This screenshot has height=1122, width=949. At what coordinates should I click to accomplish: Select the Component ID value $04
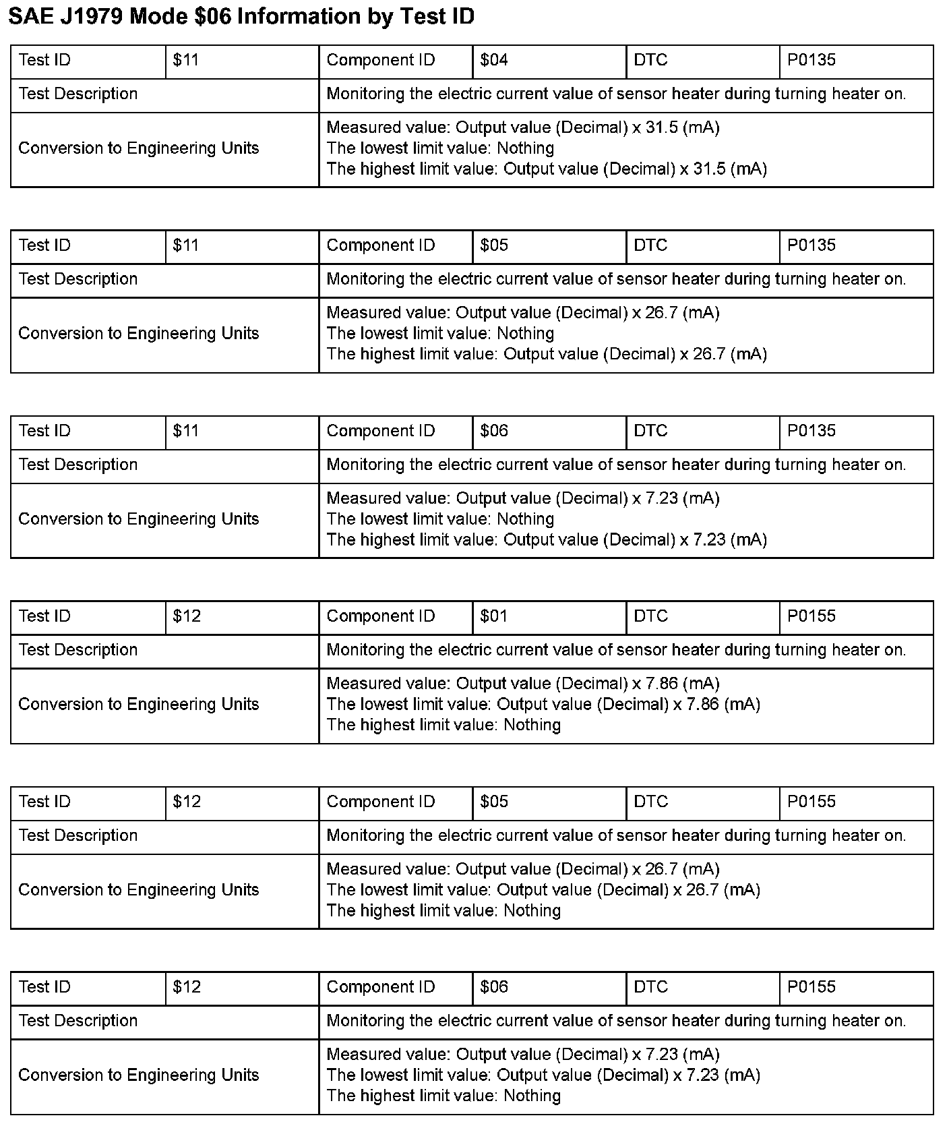(494, 60)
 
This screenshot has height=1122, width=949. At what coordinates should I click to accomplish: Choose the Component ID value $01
(494, 616)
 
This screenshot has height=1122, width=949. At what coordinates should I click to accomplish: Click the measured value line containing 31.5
(523, 127)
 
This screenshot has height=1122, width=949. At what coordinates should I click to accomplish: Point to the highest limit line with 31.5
(547, 169)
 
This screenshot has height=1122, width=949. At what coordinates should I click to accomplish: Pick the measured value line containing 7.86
(523, 684)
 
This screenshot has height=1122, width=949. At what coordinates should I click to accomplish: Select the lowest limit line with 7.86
(543, 705)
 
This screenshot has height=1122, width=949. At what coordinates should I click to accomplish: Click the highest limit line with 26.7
(547, 354)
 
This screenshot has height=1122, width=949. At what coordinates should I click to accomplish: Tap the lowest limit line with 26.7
(543, 890)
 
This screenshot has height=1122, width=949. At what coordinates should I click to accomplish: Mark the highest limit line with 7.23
(547, 539)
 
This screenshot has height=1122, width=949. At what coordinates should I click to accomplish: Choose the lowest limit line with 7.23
(543, 1075)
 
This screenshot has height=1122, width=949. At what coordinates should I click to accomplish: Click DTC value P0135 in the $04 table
(812, 60)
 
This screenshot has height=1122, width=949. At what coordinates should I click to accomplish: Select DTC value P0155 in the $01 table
(812, 616)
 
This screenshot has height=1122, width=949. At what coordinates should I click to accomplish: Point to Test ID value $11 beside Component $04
(186, 60)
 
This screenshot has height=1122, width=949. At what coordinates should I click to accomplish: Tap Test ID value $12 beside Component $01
(187, 616)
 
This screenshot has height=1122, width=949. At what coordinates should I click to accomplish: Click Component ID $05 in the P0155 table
(494, 802)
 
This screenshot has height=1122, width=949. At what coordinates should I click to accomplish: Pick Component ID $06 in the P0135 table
(494, 431)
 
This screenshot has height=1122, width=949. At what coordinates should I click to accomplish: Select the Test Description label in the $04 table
(78, 94)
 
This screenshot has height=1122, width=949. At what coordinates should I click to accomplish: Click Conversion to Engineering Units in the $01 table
(139, 705)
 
